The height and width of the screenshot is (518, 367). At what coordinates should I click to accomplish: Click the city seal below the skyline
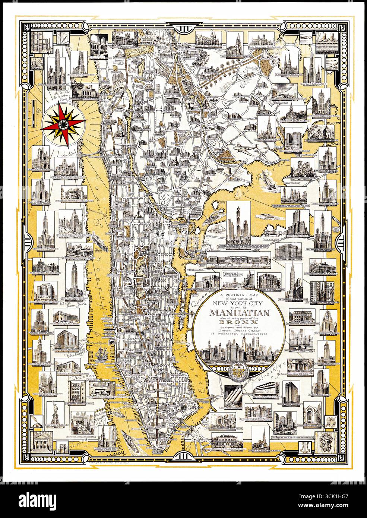(x=237, y=372)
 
